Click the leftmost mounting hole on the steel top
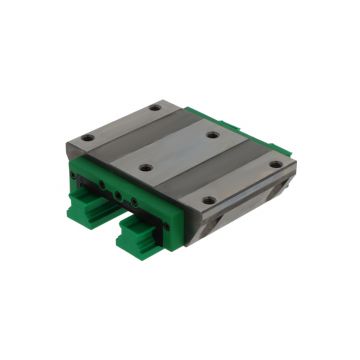(x=88, y=136)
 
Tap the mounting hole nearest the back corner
(x=155, y=108)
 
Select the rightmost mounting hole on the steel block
(x=275, y=164)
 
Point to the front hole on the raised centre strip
(x=147, y=168)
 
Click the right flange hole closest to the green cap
(x=208, y=199)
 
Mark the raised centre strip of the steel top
(x=180, y=150)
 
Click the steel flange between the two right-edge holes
(x=242, y=181)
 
